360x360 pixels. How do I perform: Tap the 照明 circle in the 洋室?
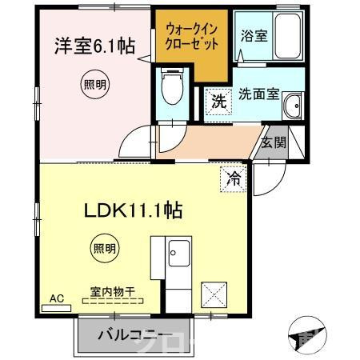click(94, 83)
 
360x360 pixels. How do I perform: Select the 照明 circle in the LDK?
click(102, 247)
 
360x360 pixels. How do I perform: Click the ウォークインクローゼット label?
click(191, 36)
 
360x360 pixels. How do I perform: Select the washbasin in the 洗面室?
click(294, 105)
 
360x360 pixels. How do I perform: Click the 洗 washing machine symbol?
click(217, 101)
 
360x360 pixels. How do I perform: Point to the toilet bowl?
click(170, 87)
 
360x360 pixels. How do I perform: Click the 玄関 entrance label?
click(273, 143)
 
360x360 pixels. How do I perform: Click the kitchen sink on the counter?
click(177, 257)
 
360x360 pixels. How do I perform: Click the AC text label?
click(56, 298)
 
